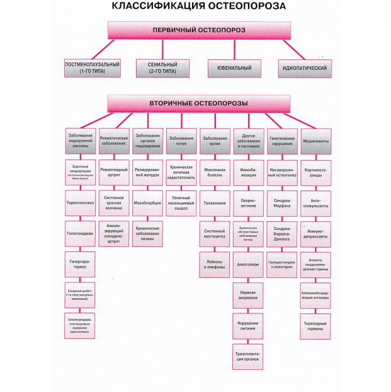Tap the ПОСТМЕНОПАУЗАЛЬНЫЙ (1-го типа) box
pyautogui.click(x=92, y=68)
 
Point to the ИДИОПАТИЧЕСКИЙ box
pyautogui.click(x=305, y=68)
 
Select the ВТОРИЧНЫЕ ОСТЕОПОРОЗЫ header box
pyautogui.click(x=198, y=103)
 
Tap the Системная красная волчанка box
pyautogui.click(x=114, y=202)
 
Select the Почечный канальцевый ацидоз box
pyautogui.click(x=181, y=202)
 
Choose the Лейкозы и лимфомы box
pyautogui.click(x=215, y=263)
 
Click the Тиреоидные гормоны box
pyautogui.click(x=316, y=324)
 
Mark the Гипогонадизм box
pyautogui.click(x=81, y=232)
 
